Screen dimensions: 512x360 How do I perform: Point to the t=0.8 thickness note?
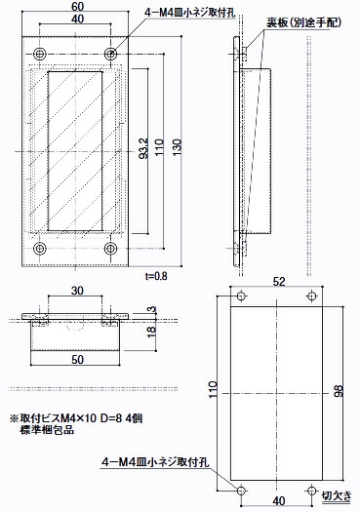(156, 277)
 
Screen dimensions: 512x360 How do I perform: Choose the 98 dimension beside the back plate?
(338, 391)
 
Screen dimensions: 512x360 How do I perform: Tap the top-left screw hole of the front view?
(40, 52)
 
